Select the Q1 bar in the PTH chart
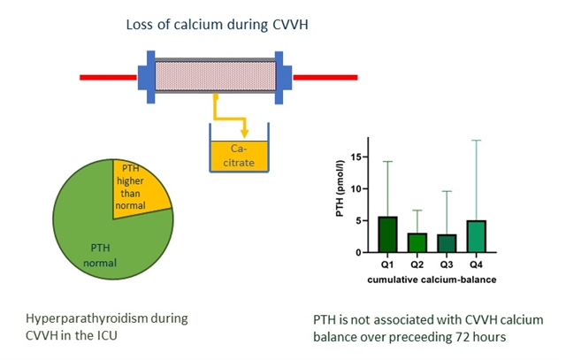(x=387, y=234)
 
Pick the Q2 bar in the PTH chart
(x=417, y=242)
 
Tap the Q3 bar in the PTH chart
(x=447, y=243)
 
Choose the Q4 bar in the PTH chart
(x=478, y=236)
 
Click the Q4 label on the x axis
(x=478, y=264)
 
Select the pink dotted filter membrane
(x=215, y=76)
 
